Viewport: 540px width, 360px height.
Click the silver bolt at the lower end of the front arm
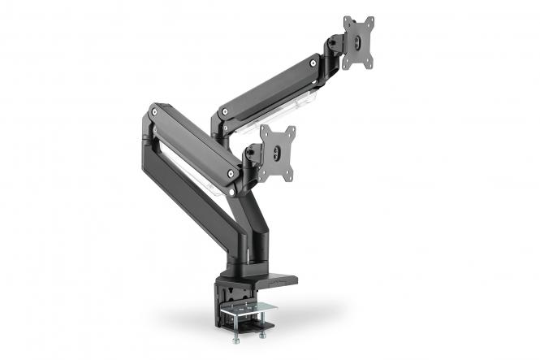pos(232,174)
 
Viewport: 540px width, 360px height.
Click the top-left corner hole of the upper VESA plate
pos(348,20)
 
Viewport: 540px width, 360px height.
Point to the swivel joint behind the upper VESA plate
pos(334,49)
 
